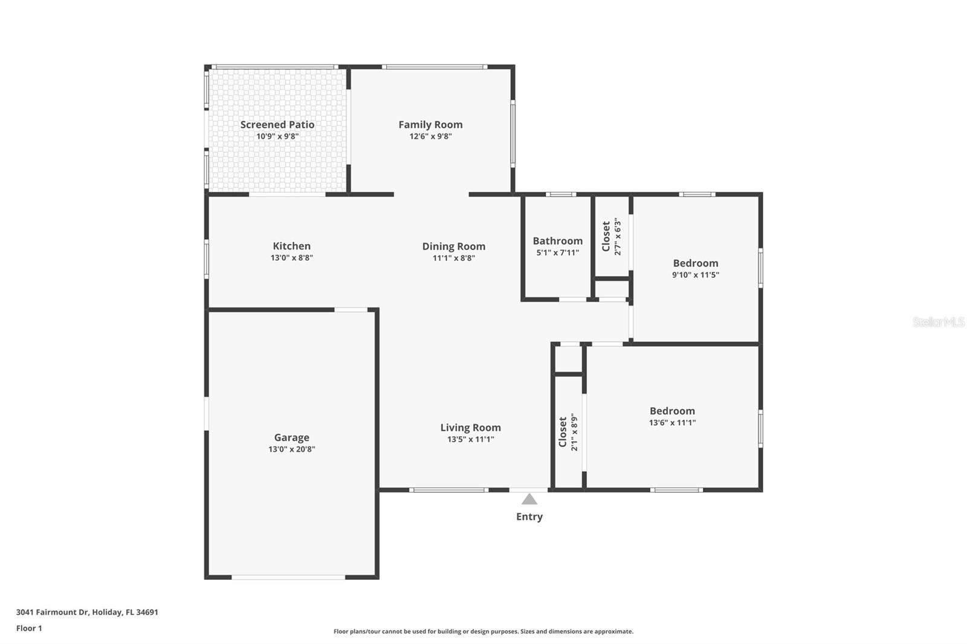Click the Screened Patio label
[277, 124]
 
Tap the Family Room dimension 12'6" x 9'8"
[430, 137]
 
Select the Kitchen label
[291, 246]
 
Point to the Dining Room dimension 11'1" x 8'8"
[453, 258]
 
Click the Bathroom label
[557, 241]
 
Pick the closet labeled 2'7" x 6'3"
[611, 237]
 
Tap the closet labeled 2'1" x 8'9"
[568, 432]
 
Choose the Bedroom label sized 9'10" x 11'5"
[695, 263]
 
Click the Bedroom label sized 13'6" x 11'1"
[672, 411]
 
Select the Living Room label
[470, 428]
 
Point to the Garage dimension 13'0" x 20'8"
[291, 449]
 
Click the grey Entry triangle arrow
[529, 499]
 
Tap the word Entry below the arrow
[529, 517]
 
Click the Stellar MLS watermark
[938, 322]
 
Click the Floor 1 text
[29, 628]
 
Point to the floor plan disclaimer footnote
[483, 631]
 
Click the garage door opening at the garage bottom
[288, 578]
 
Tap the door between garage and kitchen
[351, 310]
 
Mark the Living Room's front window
[448, 490]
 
